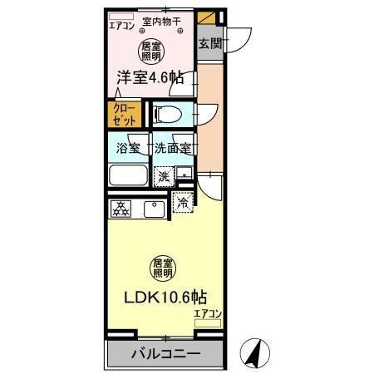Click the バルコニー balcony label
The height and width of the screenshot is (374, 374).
coord(165,354)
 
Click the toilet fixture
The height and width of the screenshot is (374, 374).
coord(167,113)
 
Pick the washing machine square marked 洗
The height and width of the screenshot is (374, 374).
coord(165,175)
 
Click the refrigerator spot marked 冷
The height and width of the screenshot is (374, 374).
coord(182,200)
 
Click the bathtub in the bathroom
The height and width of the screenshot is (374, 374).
coord(129,175)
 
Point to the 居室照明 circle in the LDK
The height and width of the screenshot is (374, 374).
coord(163,268)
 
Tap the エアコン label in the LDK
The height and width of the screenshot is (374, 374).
coord(208,312)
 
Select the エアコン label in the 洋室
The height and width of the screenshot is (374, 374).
coord(121,25)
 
